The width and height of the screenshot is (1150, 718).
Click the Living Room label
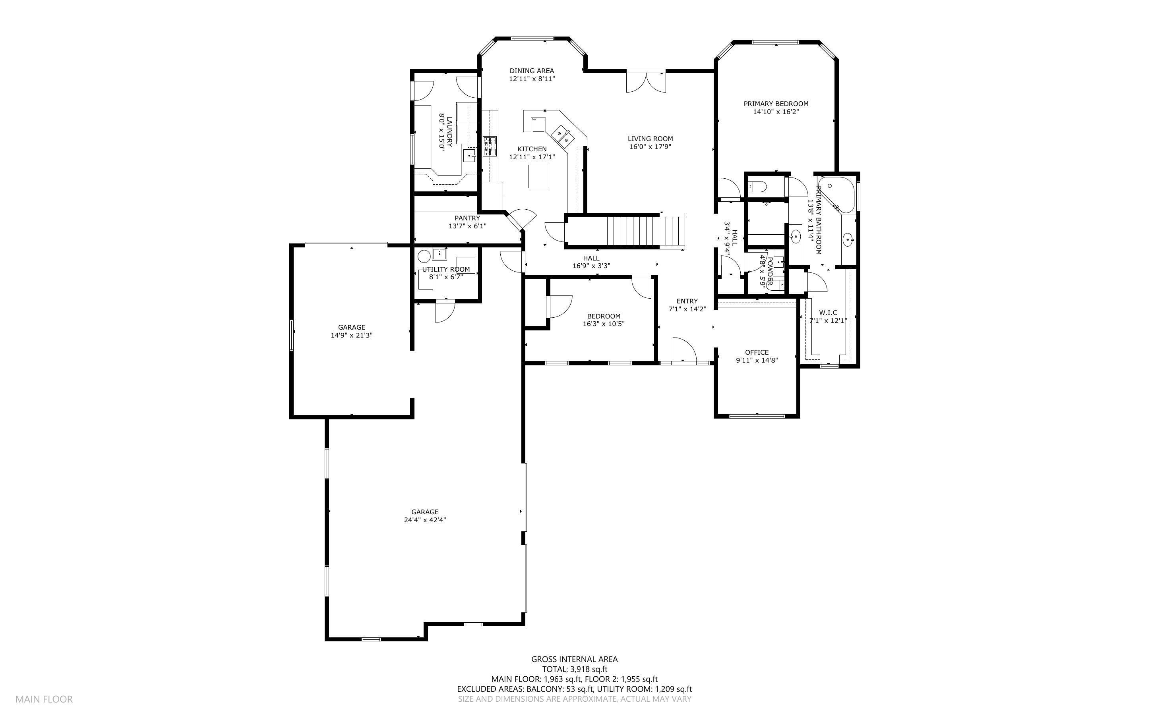tap(650, 139)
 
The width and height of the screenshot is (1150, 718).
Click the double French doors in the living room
tap(646, 82)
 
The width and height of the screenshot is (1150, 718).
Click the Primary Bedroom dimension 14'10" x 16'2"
tap(776, 112)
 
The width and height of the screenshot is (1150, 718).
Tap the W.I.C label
tap(828, 313)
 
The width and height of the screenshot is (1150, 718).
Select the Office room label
tap(757, 352)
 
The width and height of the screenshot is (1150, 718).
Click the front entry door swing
tap(684, 350)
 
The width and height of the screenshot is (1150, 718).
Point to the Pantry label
tap(467, 218)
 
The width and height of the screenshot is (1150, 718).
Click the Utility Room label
tap(446, 269)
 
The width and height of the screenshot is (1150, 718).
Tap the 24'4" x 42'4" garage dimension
tap(425, 520)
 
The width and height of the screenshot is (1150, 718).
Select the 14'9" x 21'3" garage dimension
tap(352, 335)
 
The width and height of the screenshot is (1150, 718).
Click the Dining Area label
tap(532, 71)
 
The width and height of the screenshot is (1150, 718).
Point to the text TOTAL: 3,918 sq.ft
tap(574, 669)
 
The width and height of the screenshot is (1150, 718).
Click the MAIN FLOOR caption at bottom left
tap(44, 699)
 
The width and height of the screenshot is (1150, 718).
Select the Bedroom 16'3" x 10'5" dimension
tap(603, 324)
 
